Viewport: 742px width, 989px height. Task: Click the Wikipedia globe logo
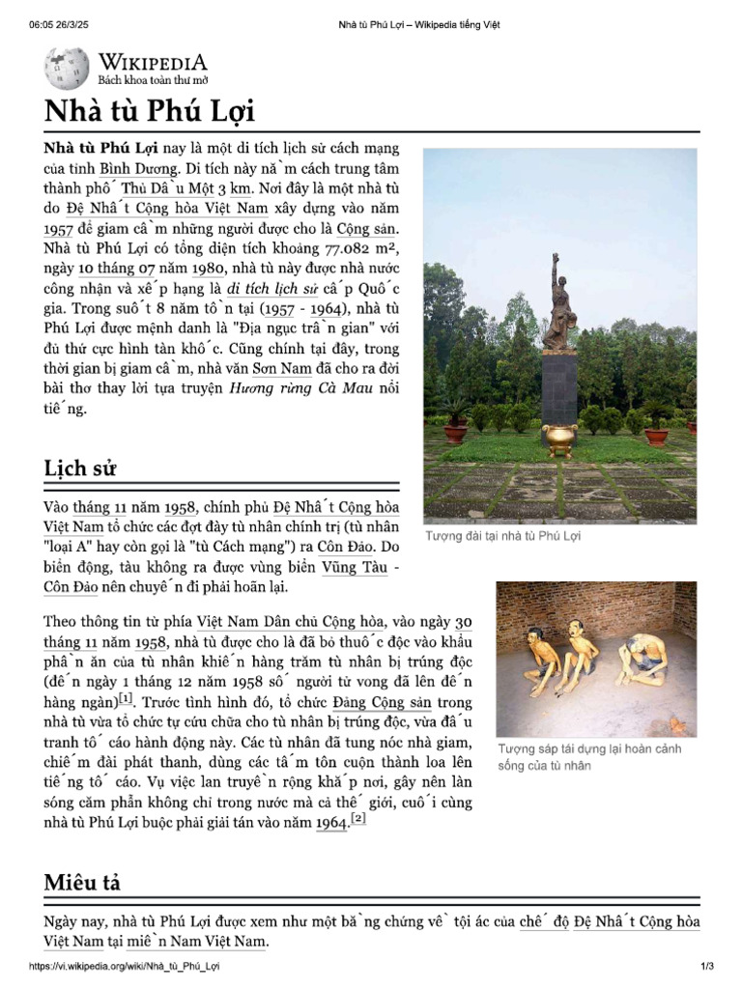(x=66, y=69)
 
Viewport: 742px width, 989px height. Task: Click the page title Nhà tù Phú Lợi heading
(x=149, y=111)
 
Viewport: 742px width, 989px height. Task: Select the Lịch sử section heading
(x=80, y=469)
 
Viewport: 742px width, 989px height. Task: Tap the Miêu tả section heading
(x=82, y=882)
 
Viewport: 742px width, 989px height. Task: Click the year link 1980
(x=209, y=268)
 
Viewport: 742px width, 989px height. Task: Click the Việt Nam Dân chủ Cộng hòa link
(x=288, y=621)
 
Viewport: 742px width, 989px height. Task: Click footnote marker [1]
(x=126, y=698)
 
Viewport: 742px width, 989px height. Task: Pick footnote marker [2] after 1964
(x=358, y=819)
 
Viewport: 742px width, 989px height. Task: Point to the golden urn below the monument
(x=558, y=438)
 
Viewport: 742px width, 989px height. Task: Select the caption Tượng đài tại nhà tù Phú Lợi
(x=502, y=536)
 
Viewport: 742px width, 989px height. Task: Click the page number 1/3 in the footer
(x=706, y=967)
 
